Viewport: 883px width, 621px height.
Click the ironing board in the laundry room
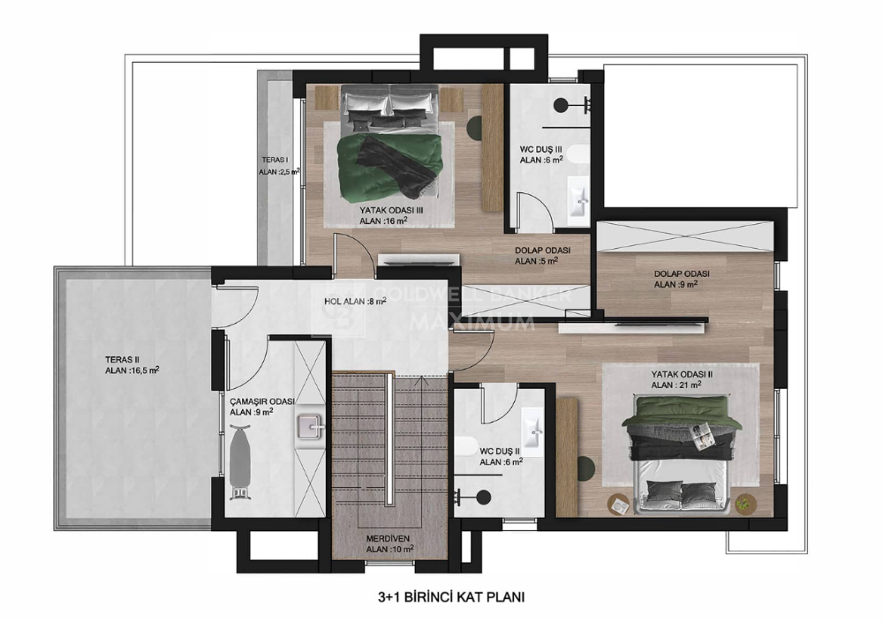(x=240, y=462)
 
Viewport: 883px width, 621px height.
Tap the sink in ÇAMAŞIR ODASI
(x=310, y=428)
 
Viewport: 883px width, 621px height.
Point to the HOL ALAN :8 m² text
(x=355, y=302)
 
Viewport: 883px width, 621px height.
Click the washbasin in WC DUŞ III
(x=577, y=197)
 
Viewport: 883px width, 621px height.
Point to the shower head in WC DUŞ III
(x=561, y=105)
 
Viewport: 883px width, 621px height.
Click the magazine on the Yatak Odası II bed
(x=702, y=436)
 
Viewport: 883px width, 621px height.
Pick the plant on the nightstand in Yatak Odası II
(x=743, y=503)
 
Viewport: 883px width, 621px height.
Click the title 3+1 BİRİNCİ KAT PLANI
(x=451, y=597)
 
